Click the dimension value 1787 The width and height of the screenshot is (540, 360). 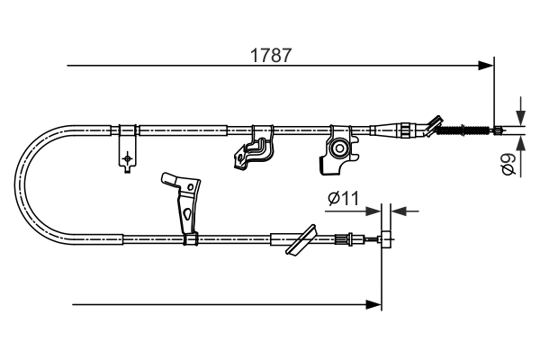271,55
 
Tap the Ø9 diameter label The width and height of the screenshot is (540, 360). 508,165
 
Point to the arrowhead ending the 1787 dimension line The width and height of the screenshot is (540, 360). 487,65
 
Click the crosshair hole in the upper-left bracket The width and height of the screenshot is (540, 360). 127,158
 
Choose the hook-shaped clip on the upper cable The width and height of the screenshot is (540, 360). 253,148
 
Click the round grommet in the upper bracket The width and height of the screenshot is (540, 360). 340,147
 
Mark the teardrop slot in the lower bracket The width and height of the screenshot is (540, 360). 185,214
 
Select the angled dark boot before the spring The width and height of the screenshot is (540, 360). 435,125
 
